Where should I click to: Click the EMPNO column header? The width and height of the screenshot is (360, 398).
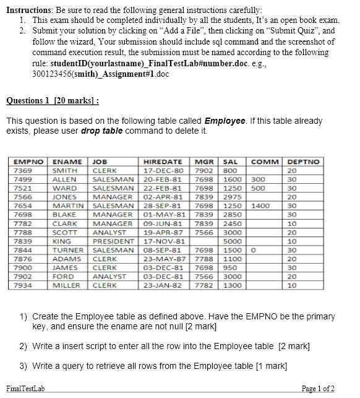(28, 162)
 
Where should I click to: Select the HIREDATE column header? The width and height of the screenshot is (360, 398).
(163, 162)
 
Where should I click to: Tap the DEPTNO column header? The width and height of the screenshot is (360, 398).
(303, 162)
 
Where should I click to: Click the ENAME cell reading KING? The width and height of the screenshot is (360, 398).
(62, 241)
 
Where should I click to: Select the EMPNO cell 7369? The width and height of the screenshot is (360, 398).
(24, 170)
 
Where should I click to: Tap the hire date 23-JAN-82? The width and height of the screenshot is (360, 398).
(163, 285)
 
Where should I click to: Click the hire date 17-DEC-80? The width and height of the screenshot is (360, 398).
(163, 170)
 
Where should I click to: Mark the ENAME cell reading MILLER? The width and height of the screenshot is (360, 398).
(66, 285)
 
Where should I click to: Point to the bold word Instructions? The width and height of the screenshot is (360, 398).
(29, 11)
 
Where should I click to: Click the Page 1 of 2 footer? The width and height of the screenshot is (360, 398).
(318, 389)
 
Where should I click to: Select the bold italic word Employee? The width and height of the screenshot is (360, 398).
(225, 121)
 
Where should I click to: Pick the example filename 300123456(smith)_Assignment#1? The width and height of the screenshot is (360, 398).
(99, 74)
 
